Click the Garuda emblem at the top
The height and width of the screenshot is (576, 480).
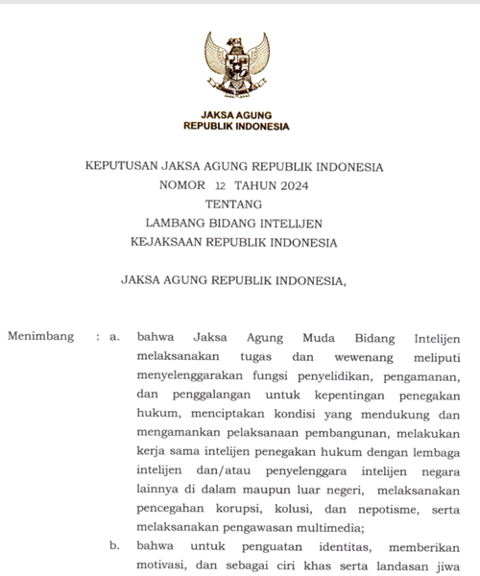(x=236, y=68)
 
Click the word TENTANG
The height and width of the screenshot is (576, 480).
(x=235, y=204)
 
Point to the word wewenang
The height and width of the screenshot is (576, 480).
(x=337, y=356)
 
